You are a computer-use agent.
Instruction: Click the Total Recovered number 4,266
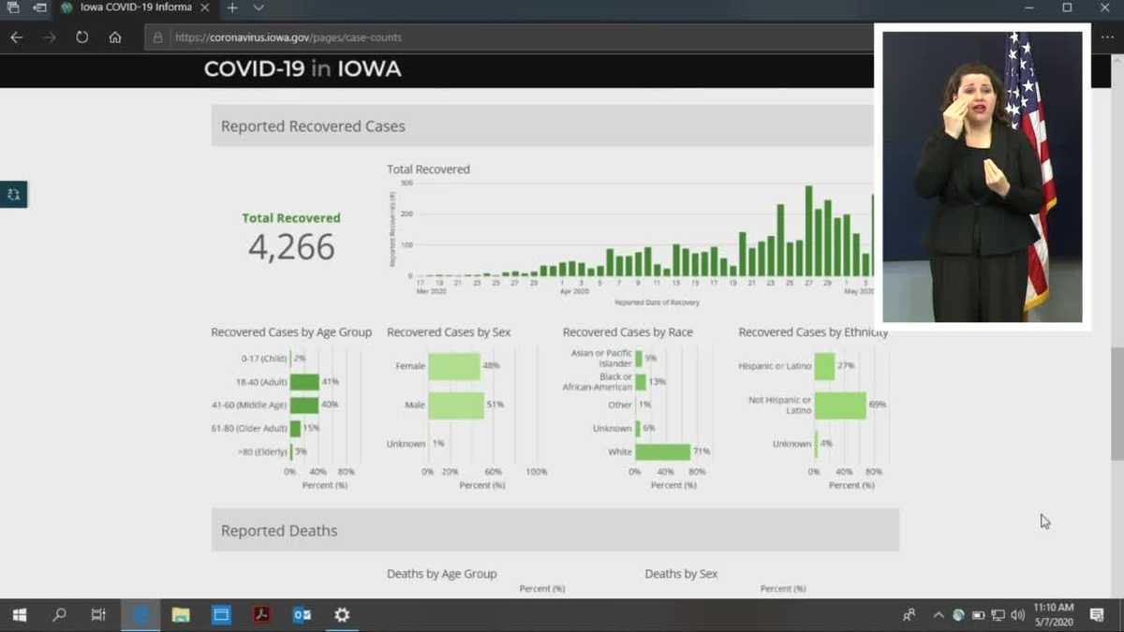[291, 247]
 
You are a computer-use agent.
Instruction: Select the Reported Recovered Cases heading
[313, 126]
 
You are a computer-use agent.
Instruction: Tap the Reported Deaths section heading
[279, 531]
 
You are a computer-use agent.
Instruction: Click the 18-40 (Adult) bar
[304, 382]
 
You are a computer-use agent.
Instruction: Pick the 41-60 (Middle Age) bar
[304, 405]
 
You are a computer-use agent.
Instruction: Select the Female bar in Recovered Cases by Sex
[454, 366]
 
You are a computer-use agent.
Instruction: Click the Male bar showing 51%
[456, 405]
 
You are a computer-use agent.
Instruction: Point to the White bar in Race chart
[662, 452]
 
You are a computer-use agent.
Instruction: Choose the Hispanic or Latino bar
[824, 366]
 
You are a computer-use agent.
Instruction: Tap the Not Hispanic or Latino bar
[840, 405]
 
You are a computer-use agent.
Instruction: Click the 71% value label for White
[702, 451]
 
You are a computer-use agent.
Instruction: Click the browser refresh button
[82, 37]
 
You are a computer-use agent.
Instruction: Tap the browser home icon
[115, 37]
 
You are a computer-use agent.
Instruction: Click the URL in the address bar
[288, 37]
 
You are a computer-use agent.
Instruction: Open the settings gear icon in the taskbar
[342, 615]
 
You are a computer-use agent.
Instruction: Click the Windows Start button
[19, 615]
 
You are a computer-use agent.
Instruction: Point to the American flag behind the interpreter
[1030, 169]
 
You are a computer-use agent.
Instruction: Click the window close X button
[1104, 8]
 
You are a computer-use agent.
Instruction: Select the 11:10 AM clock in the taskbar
[1054, 609]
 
